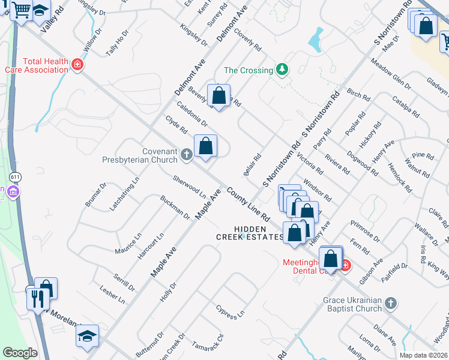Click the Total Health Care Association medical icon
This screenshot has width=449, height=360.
(x=77, y=65)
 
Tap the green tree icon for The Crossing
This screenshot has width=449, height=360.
(x=282, y=70)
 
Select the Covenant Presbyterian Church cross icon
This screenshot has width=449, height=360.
(x=186, y=156)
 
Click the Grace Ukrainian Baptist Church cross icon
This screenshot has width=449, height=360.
(x=391, y=304)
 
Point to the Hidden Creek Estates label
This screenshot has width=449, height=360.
(x=250, y=233)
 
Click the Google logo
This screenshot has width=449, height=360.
(x=20, y=353)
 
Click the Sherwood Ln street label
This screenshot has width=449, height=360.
(x=189, y=187)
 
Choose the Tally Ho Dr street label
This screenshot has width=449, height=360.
(x=117, y=44)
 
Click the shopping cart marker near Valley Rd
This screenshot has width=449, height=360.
(x=22, y=10)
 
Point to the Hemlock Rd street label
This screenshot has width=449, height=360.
(x=400, y=178)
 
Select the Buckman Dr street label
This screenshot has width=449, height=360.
(x=175, y=207)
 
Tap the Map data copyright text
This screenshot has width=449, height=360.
(x=423, y=355)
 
